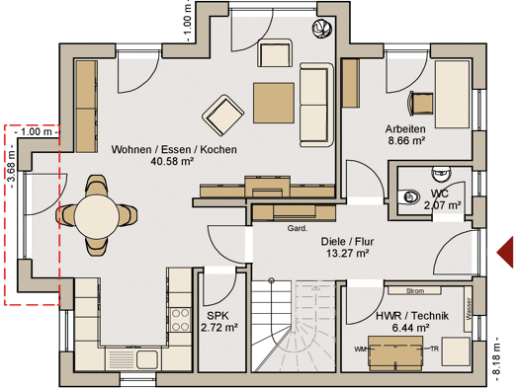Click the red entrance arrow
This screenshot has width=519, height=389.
click(506, 252)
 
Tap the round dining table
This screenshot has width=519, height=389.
click(97, 216)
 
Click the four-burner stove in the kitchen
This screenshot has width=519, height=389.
click(181, 320)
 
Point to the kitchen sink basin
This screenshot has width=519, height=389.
click(147, 359)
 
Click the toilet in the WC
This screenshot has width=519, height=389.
click(410, 197)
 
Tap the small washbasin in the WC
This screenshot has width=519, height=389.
click(441, 174)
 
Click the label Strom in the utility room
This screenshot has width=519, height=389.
click(415, 291)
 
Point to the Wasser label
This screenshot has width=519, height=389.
click(469, 309)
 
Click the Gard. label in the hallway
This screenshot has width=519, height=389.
click(298, 228)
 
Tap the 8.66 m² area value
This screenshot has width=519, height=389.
click(406, 140)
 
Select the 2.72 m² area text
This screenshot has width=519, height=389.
click(219, 328)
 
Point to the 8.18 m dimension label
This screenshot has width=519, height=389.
click(495, 358)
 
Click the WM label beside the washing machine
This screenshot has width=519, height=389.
click(360, 349)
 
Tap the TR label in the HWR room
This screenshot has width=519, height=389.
click(434, 349)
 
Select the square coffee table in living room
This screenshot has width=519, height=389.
click(274, 103)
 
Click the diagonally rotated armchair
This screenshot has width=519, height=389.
click(223, 116)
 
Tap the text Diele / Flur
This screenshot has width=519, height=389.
click(347, 241)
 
